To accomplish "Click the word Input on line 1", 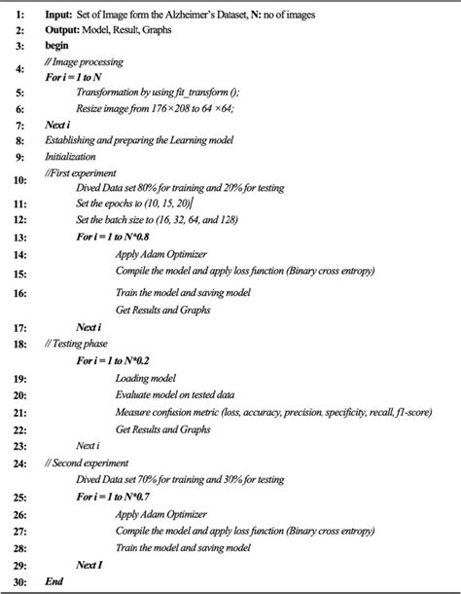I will [x=57, y=16].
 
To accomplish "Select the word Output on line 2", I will [x=61, y=30].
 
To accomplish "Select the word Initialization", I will [x=70, y=156].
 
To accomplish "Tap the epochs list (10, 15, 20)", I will [x=167, y=203].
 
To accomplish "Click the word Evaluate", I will [x=133, y=395].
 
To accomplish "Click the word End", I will [x=53, y=582].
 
